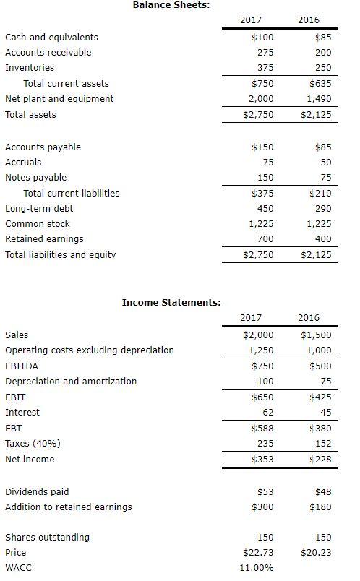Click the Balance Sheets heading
pyautogui.click(x=171, y=5)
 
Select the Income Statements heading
pyautogui.click(x=171, y=302)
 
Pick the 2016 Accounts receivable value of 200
pyautogui.click(x=323, y=52)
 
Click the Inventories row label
pyautogui.click(x=30, y=67)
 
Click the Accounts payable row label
pyautogui.click(x=43, y=147)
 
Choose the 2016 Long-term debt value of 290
pyautogui.click(x=323, y=208)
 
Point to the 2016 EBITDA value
pyautogui.click(x=320, y=366)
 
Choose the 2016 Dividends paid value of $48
pyautogui.click(x=322, y=492)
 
